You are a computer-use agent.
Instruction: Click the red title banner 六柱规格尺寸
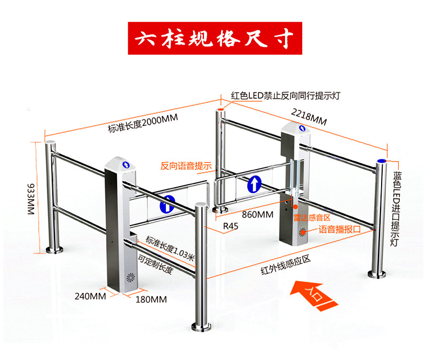(x=214, y=38)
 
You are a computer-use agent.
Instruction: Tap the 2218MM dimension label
(x=309, y=116)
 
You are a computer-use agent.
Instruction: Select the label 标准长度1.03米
(x=167, y=245)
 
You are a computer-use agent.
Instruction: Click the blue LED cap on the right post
(x=382, y=161)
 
